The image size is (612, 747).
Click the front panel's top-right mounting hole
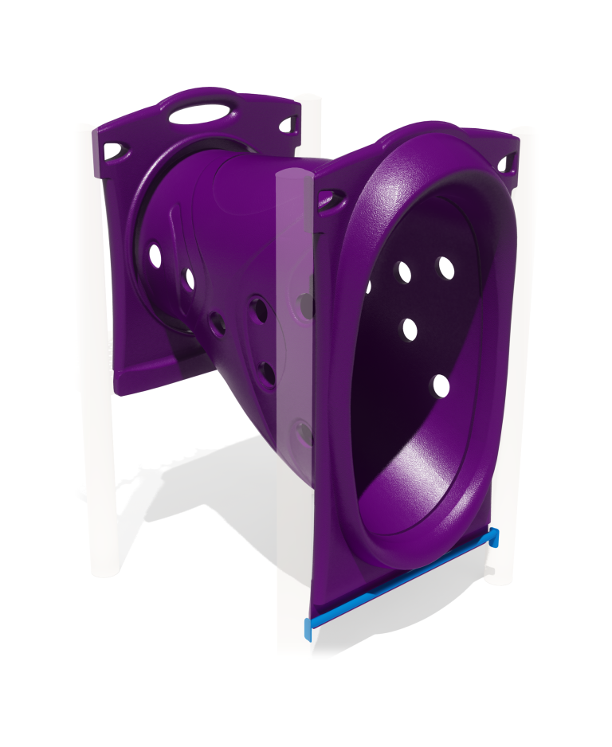pos(504,164)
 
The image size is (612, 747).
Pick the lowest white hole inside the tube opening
pos(441,386)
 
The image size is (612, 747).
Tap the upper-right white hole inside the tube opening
pos(446,268)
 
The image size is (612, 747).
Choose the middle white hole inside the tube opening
pos(410,329)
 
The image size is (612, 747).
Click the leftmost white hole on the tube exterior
pos(155,256)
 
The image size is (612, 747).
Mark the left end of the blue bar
pos(308,629)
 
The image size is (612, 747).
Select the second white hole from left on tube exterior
pos(190,279)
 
